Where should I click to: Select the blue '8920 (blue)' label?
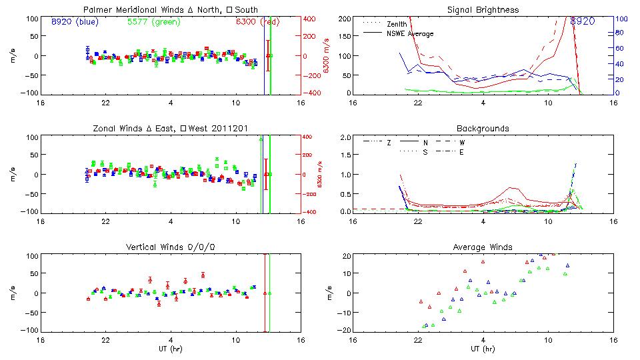(75, 21)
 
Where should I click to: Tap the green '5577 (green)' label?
(153, 21)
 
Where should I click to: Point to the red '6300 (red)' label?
(257, 21)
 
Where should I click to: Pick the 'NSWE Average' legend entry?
(410, 33)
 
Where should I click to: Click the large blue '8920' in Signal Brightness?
(582, 21)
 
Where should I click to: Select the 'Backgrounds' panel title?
(483, 128)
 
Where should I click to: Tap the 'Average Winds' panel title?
(483, 247)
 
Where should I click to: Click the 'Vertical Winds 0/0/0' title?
(171, 247)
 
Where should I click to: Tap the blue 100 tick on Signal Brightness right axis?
(619, 19)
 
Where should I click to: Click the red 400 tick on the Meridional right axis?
(311, 19)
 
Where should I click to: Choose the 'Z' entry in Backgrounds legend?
(389, 143)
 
